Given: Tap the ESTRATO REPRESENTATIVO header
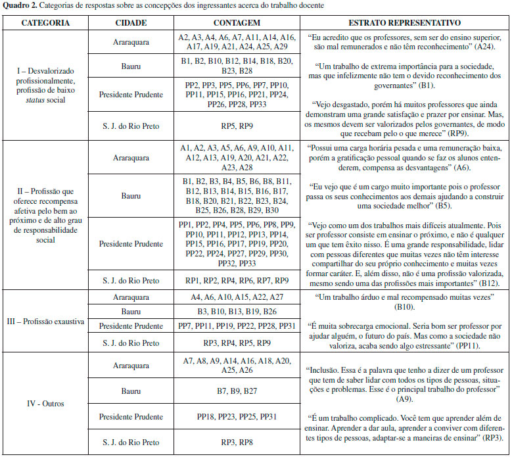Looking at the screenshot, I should pyautogui.click(x=406, y=23).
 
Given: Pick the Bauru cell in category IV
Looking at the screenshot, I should pyautogui.click(x=130, y=391).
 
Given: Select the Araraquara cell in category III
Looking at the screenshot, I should pyautogui.click(x=130, y=297).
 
